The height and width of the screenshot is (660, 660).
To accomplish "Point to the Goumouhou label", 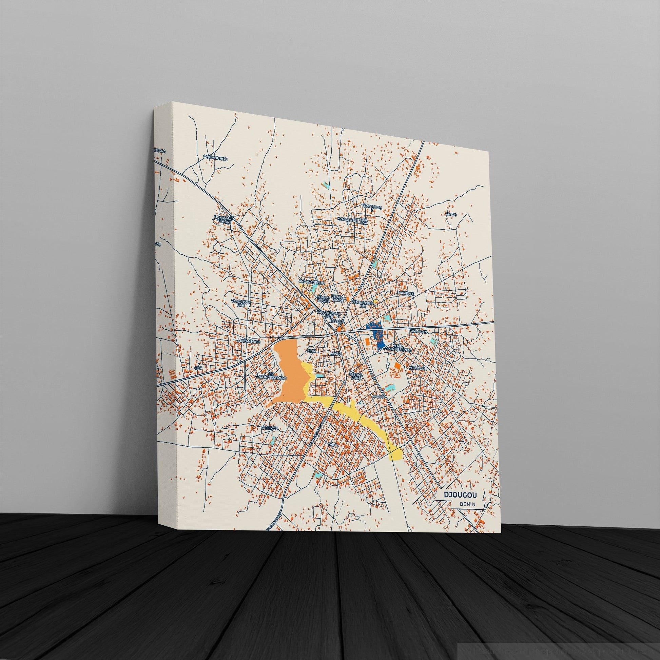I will [215, 157].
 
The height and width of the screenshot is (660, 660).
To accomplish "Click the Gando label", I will [451, 214].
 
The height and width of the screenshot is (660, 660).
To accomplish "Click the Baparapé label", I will [406, 293].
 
